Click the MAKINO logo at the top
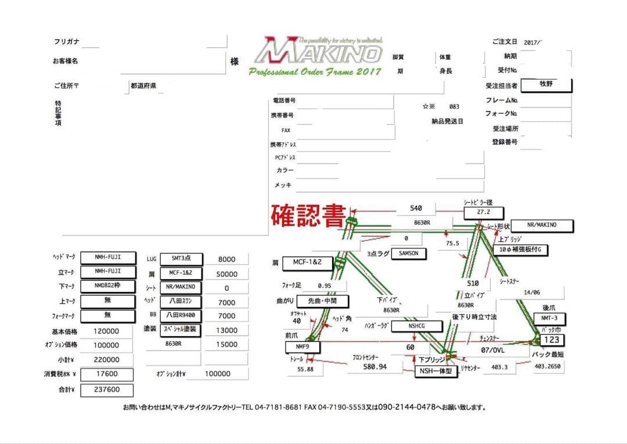pos(318,52)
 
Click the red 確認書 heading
pos(308,215)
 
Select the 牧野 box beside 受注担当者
pos(546,85)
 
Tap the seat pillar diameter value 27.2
pos(484,212)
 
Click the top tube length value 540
pos(416,208)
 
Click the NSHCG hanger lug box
pos(417,326)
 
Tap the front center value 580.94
pos(374,367)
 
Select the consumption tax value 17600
pos(107,374)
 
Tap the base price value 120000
pos(107,331)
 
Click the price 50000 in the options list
pos(226,274)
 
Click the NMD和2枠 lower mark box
pos(107,286)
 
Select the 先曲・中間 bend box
pos(323,301)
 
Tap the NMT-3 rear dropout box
pos(549,319)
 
